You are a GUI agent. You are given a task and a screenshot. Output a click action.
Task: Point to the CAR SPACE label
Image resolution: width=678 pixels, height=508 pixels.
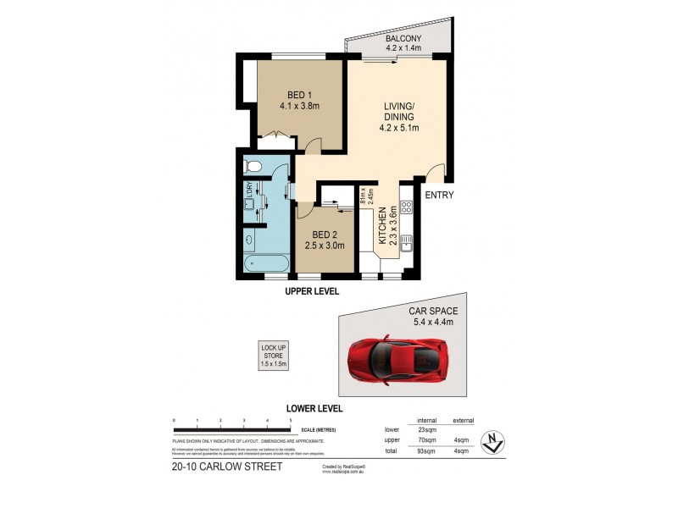tap(433, 317)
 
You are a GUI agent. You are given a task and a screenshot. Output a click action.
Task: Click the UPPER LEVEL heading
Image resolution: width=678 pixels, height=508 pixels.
tap(311, 291)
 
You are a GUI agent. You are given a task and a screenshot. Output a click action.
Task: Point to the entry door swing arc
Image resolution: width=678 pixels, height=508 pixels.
tap(435, 172)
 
